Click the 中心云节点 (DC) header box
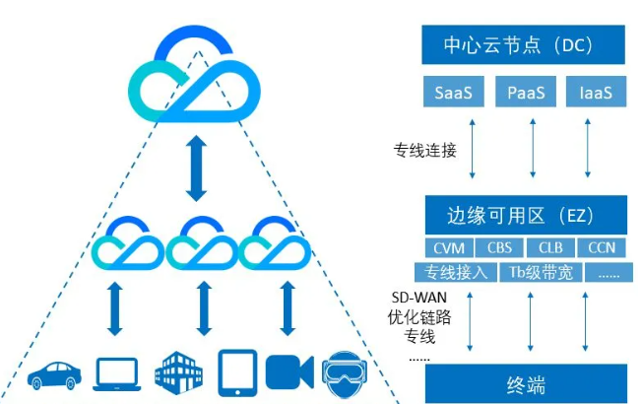click(x=526, y=44)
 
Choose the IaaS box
click(x=596, y=93)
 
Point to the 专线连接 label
click(x=424, y=151)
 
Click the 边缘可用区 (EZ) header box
click(x=526, y=215)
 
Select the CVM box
click(x=449, y=247)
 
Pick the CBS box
click(x=500, y=247)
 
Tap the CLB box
click(x=550, y=247)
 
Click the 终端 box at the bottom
click(x=526, y=382)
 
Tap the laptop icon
click(x=116, y=372)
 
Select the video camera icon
click(x=289, y=371)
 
